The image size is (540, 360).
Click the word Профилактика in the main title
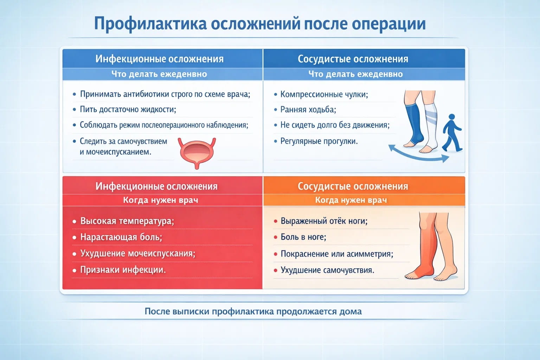point(150,24)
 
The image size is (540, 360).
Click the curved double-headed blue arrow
point(418,154)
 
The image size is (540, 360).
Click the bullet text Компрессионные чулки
point(324,94)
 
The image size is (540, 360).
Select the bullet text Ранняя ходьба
point(308,110)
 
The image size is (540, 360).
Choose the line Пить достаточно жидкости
point(128,109)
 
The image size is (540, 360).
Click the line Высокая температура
point(127,221)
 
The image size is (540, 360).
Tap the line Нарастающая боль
point(121,237)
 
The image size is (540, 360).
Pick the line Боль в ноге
point(303,237)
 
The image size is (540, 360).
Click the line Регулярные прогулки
point(319,141)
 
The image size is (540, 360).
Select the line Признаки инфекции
point(123,270)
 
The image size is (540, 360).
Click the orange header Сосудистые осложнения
point(353,186)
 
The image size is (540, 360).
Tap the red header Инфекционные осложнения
point(156,186)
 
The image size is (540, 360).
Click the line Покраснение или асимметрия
point(336,254)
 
